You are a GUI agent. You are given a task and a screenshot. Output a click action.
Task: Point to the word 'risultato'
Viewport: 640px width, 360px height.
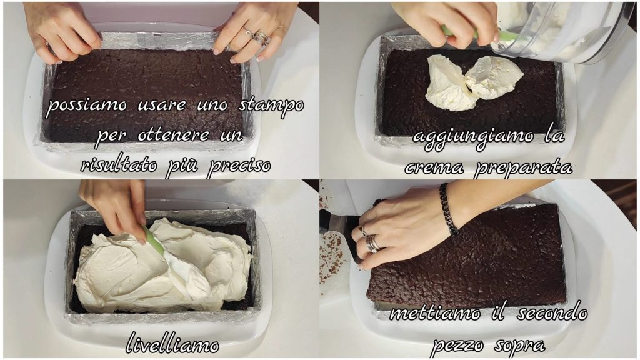click(119, 165)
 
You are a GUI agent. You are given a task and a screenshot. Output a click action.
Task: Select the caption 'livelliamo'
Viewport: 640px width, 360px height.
click(172, 343)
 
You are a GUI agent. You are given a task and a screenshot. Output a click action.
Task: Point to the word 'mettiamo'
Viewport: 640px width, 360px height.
click(435, 314)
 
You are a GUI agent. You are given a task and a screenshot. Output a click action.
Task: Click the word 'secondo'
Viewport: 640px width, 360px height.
click(552, 312)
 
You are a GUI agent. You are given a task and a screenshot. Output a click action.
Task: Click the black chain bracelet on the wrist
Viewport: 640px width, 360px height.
click(449, 209)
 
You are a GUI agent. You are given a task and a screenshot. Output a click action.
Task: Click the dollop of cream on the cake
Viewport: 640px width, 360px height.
click(474, 82)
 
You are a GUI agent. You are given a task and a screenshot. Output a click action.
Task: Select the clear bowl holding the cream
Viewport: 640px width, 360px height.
click(563, 32)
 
